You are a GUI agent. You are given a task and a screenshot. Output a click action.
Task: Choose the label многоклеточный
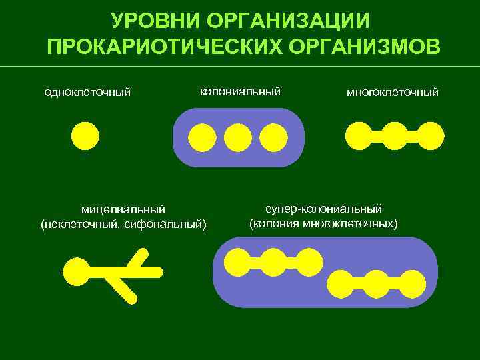tap(392, 92)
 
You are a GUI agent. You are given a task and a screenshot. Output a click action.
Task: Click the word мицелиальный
tap(123, 211)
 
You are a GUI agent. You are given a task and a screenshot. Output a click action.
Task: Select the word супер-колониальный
tap(323, 209)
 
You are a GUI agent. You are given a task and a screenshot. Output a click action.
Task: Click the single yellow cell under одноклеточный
tap(85, 136)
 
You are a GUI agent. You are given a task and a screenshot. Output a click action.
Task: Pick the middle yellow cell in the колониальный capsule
tap(238, 137)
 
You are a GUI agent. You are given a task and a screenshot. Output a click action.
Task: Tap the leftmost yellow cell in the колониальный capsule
tap(202, 137)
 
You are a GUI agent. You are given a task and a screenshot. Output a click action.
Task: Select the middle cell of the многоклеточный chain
tap(395, 135)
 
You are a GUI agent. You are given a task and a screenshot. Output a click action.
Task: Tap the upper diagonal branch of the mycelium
tap(139, 260)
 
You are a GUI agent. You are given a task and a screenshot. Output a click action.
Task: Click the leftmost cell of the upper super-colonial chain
tap(237, 262)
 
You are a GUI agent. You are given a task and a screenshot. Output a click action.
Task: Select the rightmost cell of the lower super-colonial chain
tap(412, 284)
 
